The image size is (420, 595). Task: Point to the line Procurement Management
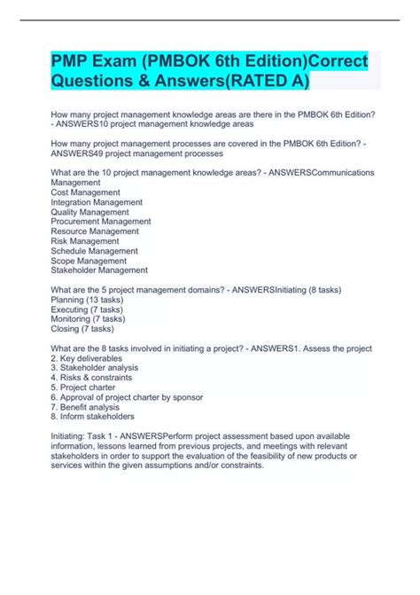point(102,221)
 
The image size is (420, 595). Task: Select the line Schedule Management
point(100,250)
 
